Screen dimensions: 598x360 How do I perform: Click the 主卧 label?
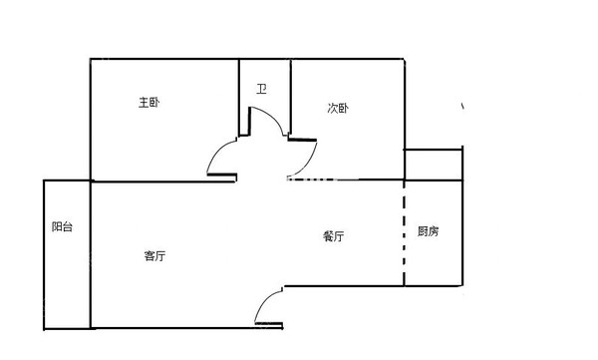pyautogui.click(x=149, y=102)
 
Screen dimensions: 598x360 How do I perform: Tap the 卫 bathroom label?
pyautogui.click(x=262, y=90)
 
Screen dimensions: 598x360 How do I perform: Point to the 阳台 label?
pyautogui.click(x=62, y=227)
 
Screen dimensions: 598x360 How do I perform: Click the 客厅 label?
pyautogui.click(x=154, y=256)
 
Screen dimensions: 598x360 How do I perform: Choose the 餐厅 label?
pyautogui.click(x=334, y=236)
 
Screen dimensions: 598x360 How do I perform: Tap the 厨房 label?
pyautogui.click(x=428, y=231)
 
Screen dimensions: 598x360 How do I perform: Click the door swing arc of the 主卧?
pyautogui.click(x=217, y=154)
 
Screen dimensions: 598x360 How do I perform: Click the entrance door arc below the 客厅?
pyautogui.click(x=264, y=304)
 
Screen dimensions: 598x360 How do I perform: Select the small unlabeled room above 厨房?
pyautogui.click(x=434, y=165)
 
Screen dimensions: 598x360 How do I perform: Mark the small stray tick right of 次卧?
pyautogui.click(x=461, y=106)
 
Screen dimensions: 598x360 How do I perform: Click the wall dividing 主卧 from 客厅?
pyautogui.click(x=149, y=181)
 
